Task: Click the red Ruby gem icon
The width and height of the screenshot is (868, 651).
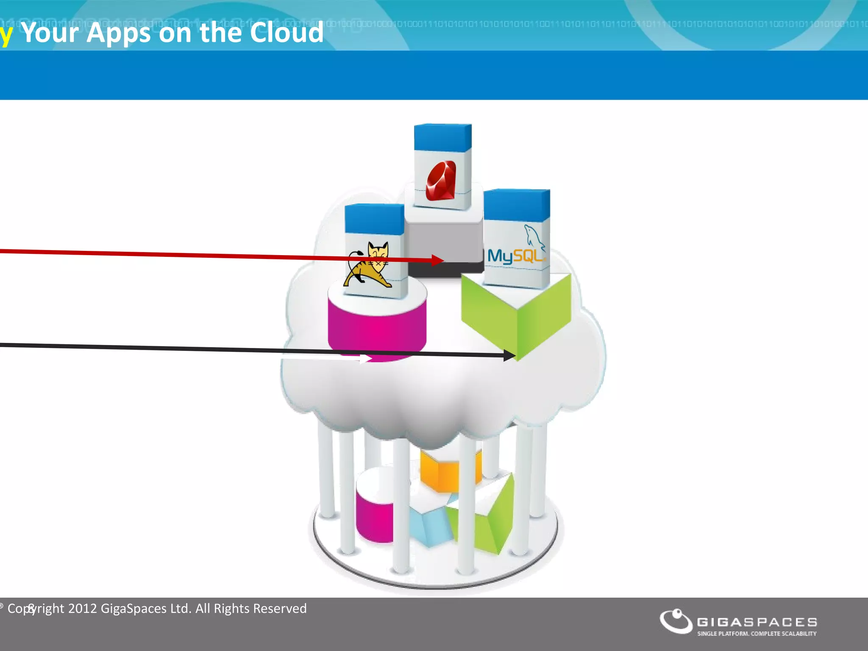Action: (x=441, y=180)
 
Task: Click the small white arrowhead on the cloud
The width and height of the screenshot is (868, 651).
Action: (x=366, y=359)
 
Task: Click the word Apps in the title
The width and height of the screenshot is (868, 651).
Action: (x=119, y=33)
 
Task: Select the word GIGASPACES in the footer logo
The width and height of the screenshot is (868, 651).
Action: (x=757, y=622)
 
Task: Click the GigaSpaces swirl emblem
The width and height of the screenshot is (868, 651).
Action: (x=676, y=621)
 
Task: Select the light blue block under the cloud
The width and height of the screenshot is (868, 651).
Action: (x=428, y=526)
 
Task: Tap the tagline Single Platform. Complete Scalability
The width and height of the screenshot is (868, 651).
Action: (x=757, y=634)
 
